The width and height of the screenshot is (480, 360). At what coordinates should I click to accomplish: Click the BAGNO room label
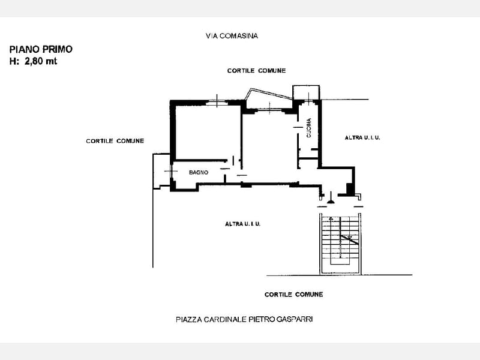199,172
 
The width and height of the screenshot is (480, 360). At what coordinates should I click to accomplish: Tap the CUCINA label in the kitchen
308,128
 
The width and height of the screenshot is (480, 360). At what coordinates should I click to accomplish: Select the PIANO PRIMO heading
41,49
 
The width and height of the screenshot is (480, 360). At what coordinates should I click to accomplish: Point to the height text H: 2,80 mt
34,61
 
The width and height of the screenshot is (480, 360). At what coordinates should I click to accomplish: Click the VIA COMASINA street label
232,36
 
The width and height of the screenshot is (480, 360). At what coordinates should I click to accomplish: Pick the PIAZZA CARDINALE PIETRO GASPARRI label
244,319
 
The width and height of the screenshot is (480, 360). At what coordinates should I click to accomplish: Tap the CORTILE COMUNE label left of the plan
115,141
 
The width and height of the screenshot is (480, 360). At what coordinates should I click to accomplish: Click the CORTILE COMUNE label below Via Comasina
257,70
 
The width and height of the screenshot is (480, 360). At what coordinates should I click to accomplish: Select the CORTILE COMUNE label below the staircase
294,294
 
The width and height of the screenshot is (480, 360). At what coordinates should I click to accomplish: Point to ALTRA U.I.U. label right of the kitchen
362,138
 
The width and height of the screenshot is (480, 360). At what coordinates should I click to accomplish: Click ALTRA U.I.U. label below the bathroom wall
243,224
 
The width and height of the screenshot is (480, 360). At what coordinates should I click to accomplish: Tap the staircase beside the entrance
340,244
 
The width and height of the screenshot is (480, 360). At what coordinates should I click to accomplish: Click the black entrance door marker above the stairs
331,200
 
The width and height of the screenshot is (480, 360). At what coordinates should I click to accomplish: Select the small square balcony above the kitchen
306,92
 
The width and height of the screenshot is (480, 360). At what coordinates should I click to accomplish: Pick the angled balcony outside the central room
268,95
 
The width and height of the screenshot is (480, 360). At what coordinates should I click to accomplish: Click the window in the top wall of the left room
217,103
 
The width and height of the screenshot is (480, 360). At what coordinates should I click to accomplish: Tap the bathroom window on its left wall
172,171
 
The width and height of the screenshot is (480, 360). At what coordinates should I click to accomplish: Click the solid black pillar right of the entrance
350,188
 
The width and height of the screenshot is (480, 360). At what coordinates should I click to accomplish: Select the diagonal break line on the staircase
349,239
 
